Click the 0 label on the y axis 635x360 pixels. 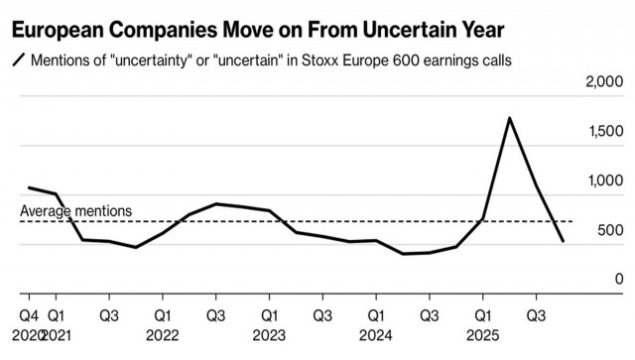point(617,281)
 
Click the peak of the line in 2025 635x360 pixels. point(509,118)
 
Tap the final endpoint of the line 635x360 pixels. point(563,241)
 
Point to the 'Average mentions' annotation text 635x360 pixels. point(75,211)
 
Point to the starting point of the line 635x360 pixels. point(29,187)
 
